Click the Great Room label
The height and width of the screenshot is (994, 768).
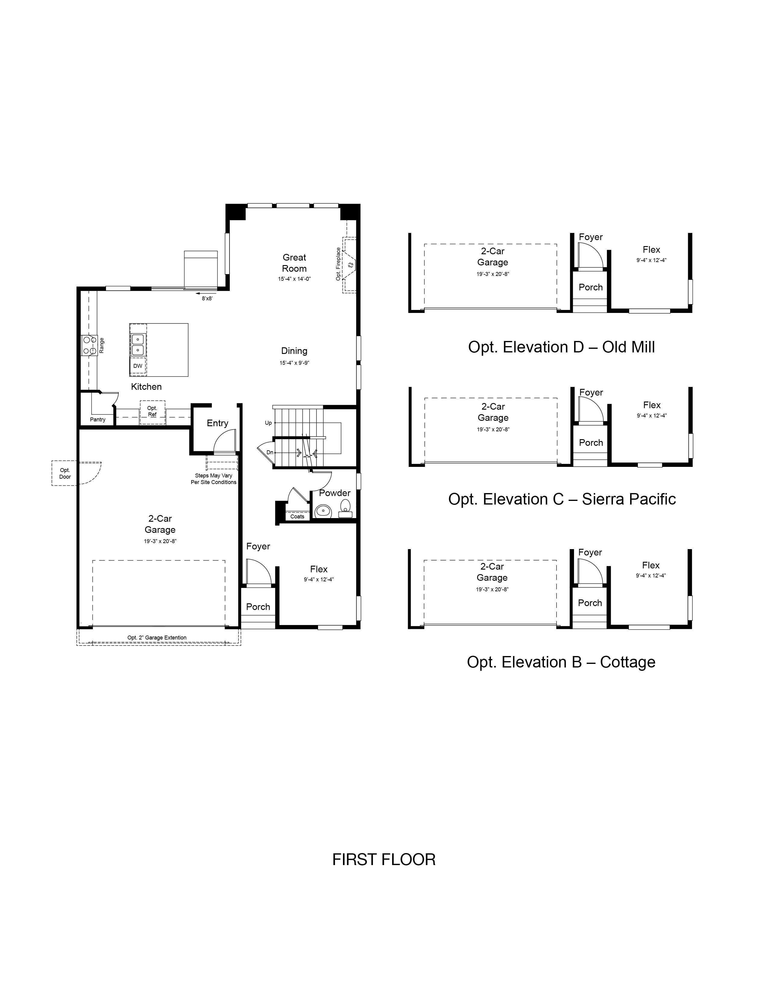pyautogui.click(x=294, y=263)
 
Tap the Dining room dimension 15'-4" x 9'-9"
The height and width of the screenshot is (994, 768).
pyautogui.click(x=294, y=363)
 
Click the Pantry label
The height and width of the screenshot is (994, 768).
pyautogui.click(x=98, y=420)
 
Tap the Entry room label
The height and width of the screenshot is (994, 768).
pyautogui.click(x=217, y=423)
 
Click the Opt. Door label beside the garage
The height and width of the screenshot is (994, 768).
pyautogui.click(x=65, y=473)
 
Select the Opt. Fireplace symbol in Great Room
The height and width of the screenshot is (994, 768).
pyautogui.click(x=349, y=264)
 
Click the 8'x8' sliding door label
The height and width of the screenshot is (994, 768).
pyautogui.click(x=207, y=299)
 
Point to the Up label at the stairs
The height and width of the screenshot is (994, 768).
pyautogui.click(x=268, y=423)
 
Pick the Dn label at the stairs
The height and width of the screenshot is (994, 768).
pyautogui.click(x=270, y=452)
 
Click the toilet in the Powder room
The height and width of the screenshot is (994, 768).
pyautogui.click(x=346, y=508)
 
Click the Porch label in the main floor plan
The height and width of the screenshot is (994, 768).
pyautogui.click(x=258, y=607)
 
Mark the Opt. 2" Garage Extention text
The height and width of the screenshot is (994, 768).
pyautogui.click(x=157, y=638)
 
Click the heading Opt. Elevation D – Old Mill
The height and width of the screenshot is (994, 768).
pyautogui.click(x=561, y=347)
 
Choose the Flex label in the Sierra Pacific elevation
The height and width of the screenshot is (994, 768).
pyautogui.click(x=651, y=405)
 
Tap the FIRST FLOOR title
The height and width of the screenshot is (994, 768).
pyautogui.click(x=384, y=860)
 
